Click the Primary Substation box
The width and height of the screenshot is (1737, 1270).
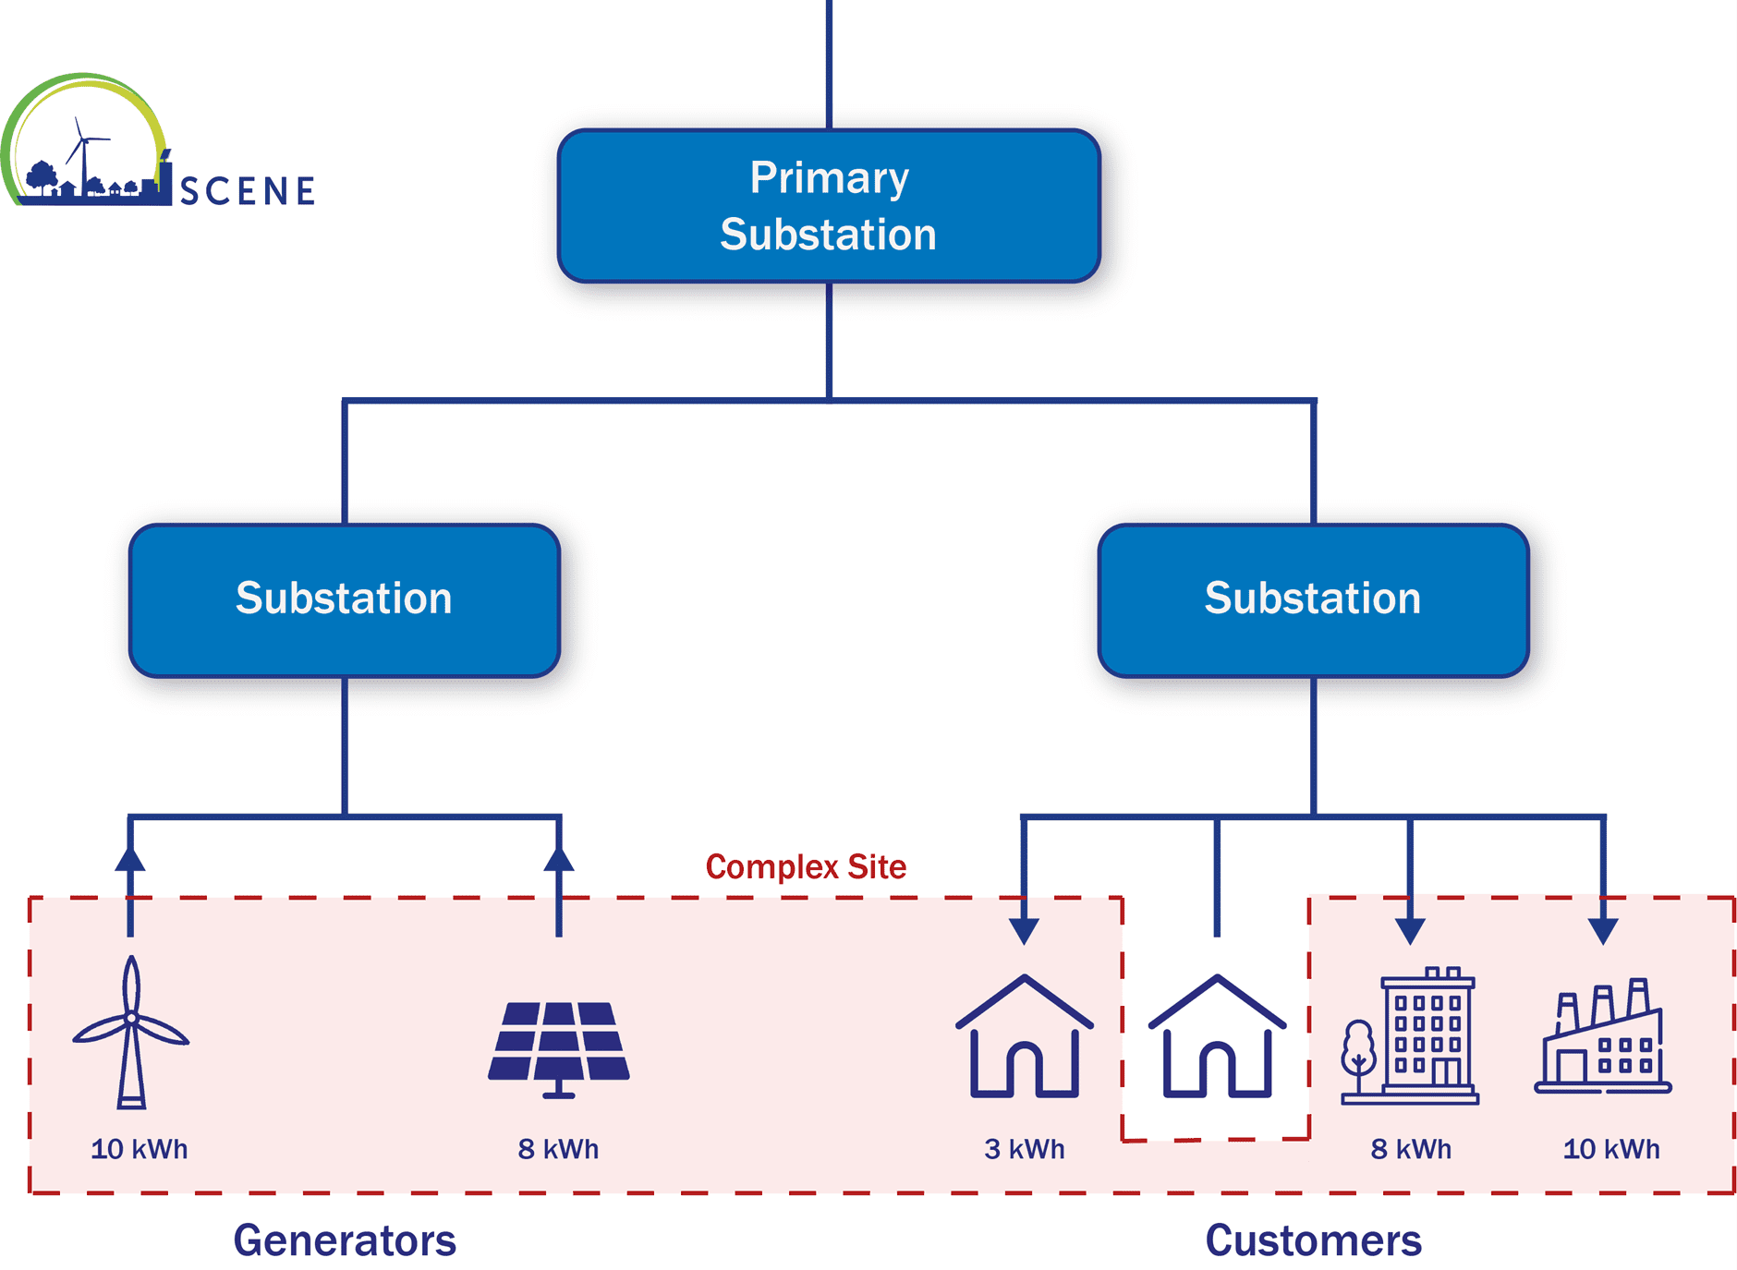[x=829, y=206]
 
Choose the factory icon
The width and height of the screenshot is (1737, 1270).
[x=1603, y=1039]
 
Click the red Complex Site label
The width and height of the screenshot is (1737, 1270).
[x=806, y=867]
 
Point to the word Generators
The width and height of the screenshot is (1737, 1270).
[x=345, y=1240]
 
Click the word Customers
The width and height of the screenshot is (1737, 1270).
[x=1313, y=1240]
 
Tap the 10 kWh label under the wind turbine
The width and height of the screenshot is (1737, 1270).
[x=140, y=1149]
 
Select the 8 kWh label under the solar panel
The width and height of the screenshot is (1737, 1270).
[x=558, y=1149]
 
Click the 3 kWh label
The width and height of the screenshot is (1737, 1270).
[x=1024, y=1149]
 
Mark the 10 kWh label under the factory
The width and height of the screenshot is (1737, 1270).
[x=1611, y=1149]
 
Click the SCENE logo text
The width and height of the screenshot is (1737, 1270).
[x=248, y=191]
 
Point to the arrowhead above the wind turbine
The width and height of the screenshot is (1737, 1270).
[x=130, y=859]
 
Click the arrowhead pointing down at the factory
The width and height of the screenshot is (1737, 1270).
[x=1603, y=931]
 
